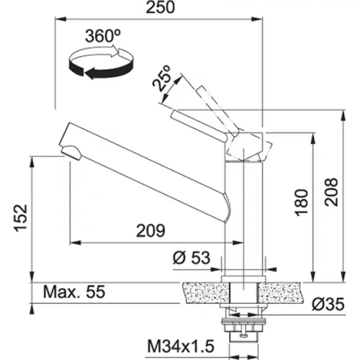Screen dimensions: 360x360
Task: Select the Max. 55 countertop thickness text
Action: (74, 292)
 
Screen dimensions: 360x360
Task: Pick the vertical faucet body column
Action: (243, 216)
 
